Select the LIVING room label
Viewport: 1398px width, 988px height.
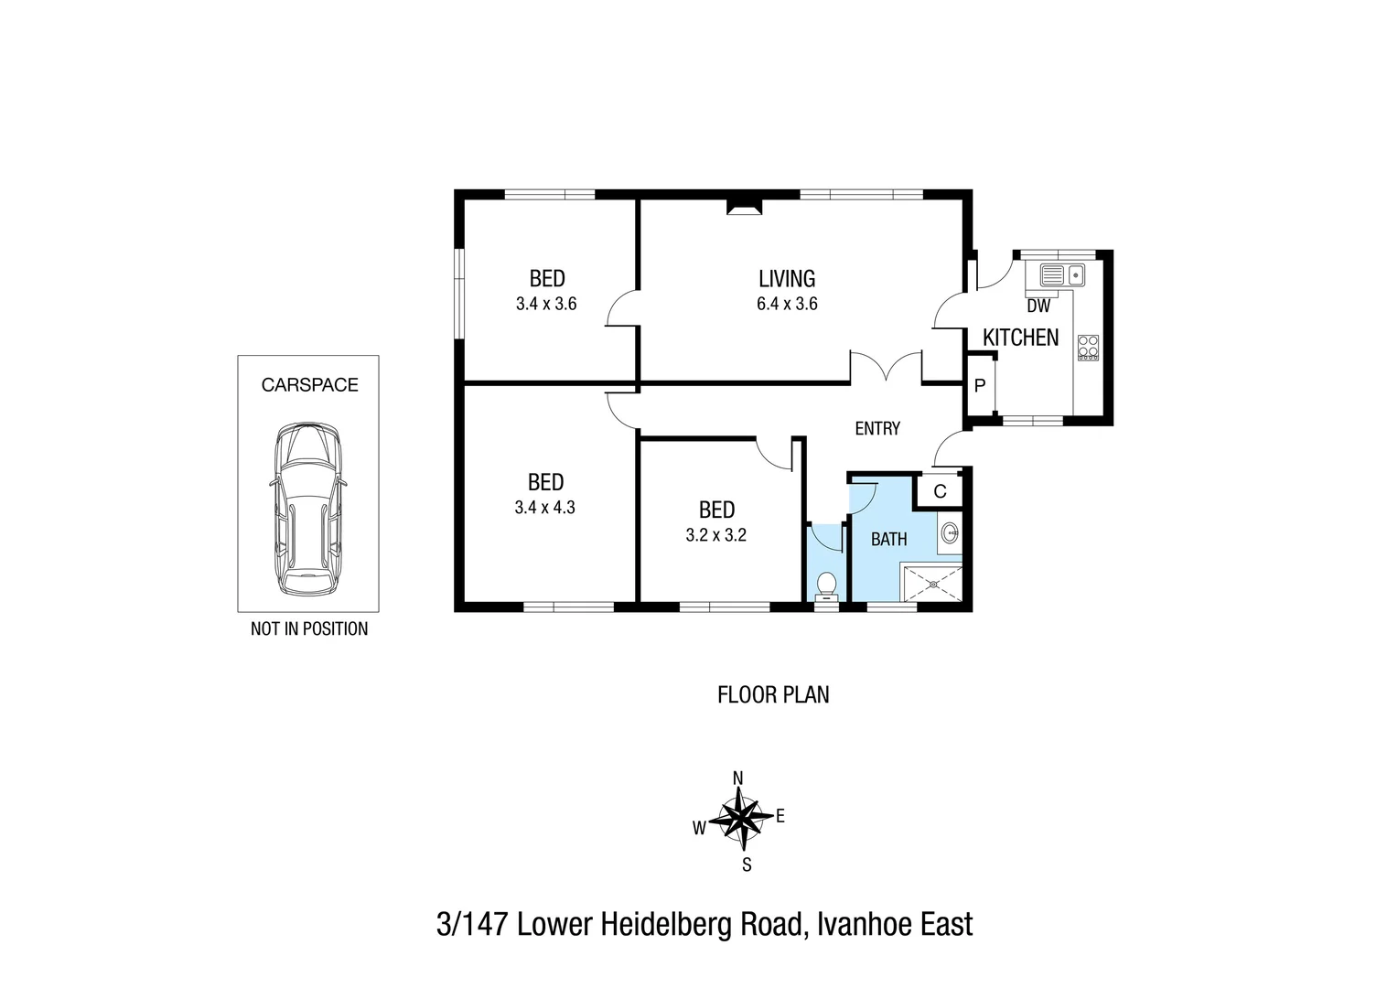coord(787,279)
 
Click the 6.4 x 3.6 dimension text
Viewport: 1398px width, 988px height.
coord(787,305)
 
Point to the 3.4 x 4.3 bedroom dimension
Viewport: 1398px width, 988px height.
coord(545,508)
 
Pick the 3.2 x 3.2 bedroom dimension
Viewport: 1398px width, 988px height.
coord(716,535)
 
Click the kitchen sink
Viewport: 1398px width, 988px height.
coord(1061,274)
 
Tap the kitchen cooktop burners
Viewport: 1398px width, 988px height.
coord(1088,348)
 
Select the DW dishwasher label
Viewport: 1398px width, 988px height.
coord(1038,307)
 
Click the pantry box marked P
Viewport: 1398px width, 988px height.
coord(980,385)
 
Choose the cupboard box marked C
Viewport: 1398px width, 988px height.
coord(940,491)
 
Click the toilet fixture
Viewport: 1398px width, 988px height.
coord(827,584)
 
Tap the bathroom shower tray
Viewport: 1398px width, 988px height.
coord(932,584)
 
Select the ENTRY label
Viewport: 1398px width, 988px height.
coord(877,428)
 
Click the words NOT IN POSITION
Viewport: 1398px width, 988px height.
coord(309,629)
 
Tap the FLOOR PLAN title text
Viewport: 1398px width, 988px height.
coord(773,695)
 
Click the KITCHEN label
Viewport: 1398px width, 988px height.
coord(1020,338)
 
